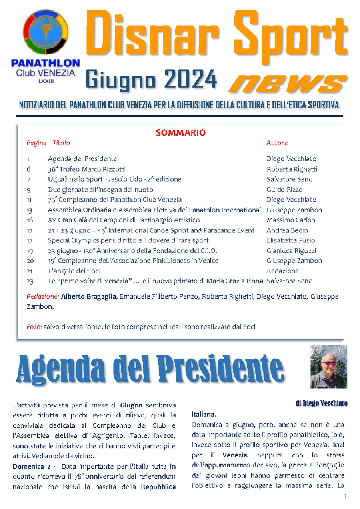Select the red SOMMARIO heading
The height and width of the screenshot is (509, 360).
coord(180,132)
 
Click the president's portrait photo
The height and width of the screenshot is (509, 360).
coord(328,367)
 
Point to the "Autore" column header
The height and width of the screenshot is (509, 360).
coord(277,143)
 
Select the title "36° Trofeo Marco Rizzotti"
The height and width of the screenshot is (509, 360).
coord(87,169)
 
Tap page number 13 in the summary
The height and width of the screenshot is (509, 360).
coord(30,210)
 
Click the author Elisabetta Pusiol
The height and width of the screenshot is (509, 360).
coord(292,240)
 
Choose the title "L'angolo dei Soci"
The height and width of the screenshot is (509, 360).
coord(74,271)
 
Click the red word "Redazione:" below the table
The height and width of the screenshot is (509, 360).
coord(43,297)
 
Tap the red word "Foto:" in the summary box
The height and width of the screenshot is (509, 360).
coord(34,327)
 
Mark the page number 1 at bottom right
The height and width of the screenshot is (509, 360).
coord(345,497)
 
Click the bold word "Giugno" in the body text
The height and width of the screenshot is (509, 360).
coord(132,405)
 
